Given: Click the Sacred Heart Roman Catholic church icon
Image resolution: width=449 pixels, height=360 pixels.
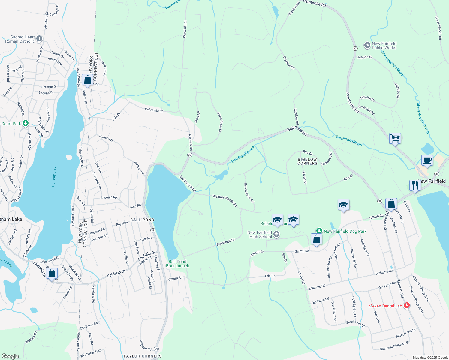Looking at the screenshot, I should click(39, 39).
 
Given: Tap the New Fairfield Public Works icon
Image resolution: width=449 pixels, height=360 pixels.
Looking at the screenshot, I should click(367, 45).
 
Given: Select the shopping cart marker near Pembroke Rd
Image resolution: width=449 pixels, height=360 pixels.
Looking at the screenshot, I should click(395, 138).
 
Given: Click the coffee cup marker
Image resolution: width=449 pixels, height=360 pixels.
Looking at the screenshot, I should click(427, 160).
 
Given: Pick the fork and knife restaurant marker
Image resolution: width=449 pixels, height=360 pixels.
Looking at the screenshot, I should click(415, 185).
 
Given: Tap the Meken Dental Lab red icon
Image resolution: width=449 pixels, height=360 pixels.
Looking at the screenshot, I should click(407, 306).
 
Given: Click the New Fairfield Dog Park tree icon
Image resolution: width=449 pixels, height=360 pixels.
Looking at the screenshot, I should click(319, 231).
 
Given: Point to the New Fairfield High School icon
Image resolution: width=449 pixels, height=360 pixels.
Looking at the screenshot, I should click(276, 235).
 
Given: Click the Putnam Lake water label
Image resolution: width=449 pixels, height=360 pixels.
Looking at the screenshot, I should click(54, 176).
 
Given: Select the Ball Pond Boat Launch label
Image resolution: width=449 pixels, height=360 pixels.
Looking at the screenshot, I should click(178, 264).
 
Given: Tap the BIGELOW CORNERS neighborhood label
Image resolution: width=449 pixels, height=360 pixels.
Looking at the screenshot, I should click(307, 161).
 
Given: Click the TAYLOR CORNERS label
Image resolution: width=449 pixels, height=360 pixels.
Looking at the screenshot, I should click(142, 356).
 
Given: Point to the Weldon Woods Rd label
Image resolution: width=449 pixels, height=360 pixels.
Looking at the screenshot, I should click(225, 200).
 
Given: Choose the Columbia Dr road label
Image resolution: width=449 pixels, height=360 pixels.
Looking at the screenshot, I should click(154, 110).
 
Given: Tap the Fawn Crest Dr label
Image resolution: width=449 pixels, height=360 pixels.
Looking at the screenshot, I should click(220, 122).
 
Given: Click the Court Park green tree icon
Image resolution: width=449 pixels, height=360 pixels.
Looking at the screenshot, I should click(26, 123).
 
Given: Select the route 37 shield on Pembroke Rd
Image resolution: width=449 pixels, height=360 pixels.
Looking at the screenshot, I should click(355, 49).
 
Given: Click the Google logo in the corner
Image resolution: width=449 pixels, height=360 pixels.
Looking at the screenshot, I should click(10, 356).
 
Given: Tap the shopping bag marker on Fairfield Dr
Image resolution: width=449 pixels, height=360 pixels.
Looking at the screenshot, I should click(52, 274).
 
